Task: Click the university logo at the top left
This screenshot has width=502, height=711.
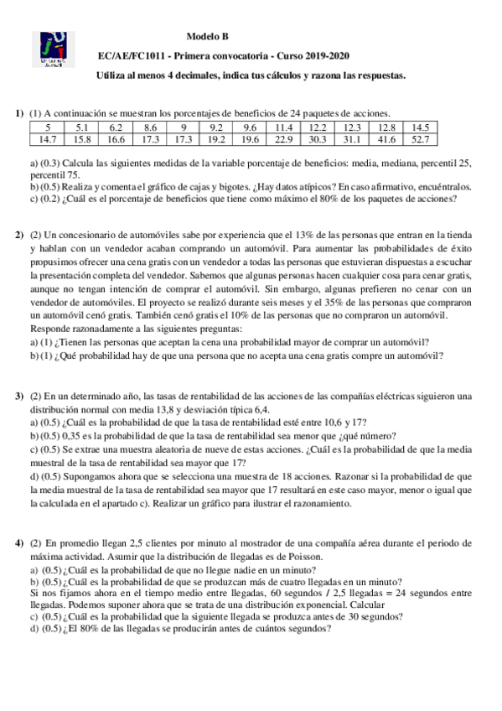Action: point(53,50)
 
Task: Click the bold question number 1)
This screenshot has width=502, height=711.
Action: point(18,113)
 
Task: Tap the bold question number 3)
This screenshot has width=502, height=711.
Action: point(18,395)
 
